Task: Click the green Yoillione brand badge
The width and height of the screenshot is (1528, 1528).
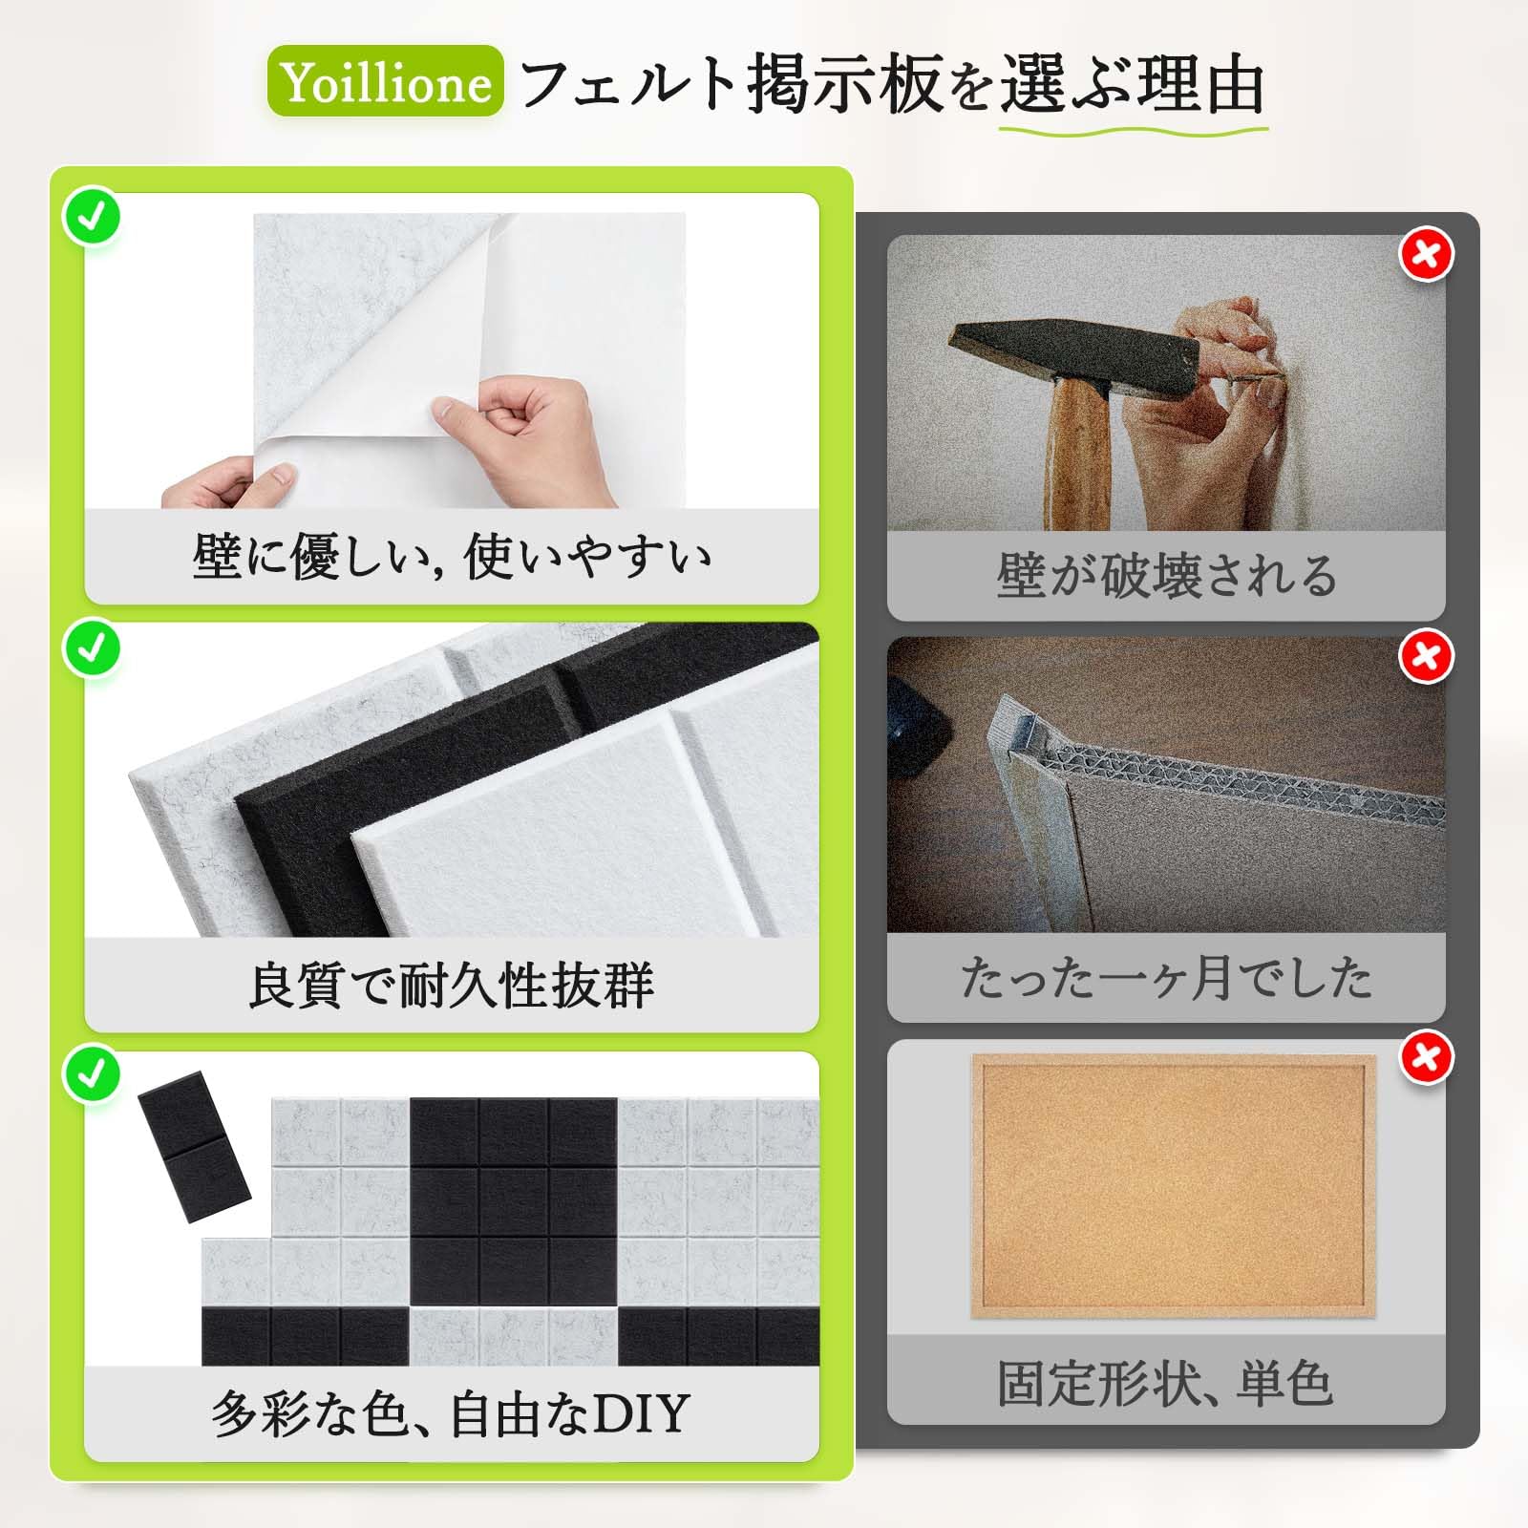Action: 385,81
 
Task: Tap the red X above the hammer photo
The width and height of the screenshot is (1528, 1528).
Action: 1426,254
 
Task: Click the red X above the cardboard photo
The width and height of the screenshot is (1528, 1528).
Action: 1426,656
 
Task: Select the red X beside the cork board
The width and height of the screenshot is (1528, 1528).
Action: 1426,1057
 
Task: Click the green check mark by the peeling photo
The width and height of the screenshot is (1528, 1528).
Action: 92,217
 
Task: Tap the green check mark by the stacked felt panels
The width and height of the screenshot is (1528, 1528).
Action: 92,647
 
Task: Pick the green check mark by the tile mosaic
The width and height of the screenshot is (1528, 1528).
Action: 92,1072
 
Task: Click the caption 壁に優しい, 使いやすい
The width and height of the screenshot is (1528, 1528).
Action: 452,556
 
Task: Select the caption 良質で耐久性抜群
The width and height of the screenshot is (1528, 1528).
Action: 452,985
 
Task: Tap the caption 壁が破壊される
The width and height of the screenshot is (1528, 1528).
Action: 1166,576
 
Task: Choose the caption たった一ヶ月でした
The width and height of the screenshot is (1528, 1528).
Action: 1166,978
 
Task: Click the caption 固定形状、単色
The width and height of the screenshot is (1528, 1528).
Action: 1165,1383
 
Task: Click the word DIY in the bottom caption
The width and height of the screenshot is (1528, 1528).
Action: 641,1414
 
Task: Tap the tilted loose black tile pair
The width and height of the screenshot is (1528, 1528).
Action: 194,1148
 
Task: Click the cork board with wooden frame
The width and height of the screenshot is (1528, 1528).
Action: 1174,1187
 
